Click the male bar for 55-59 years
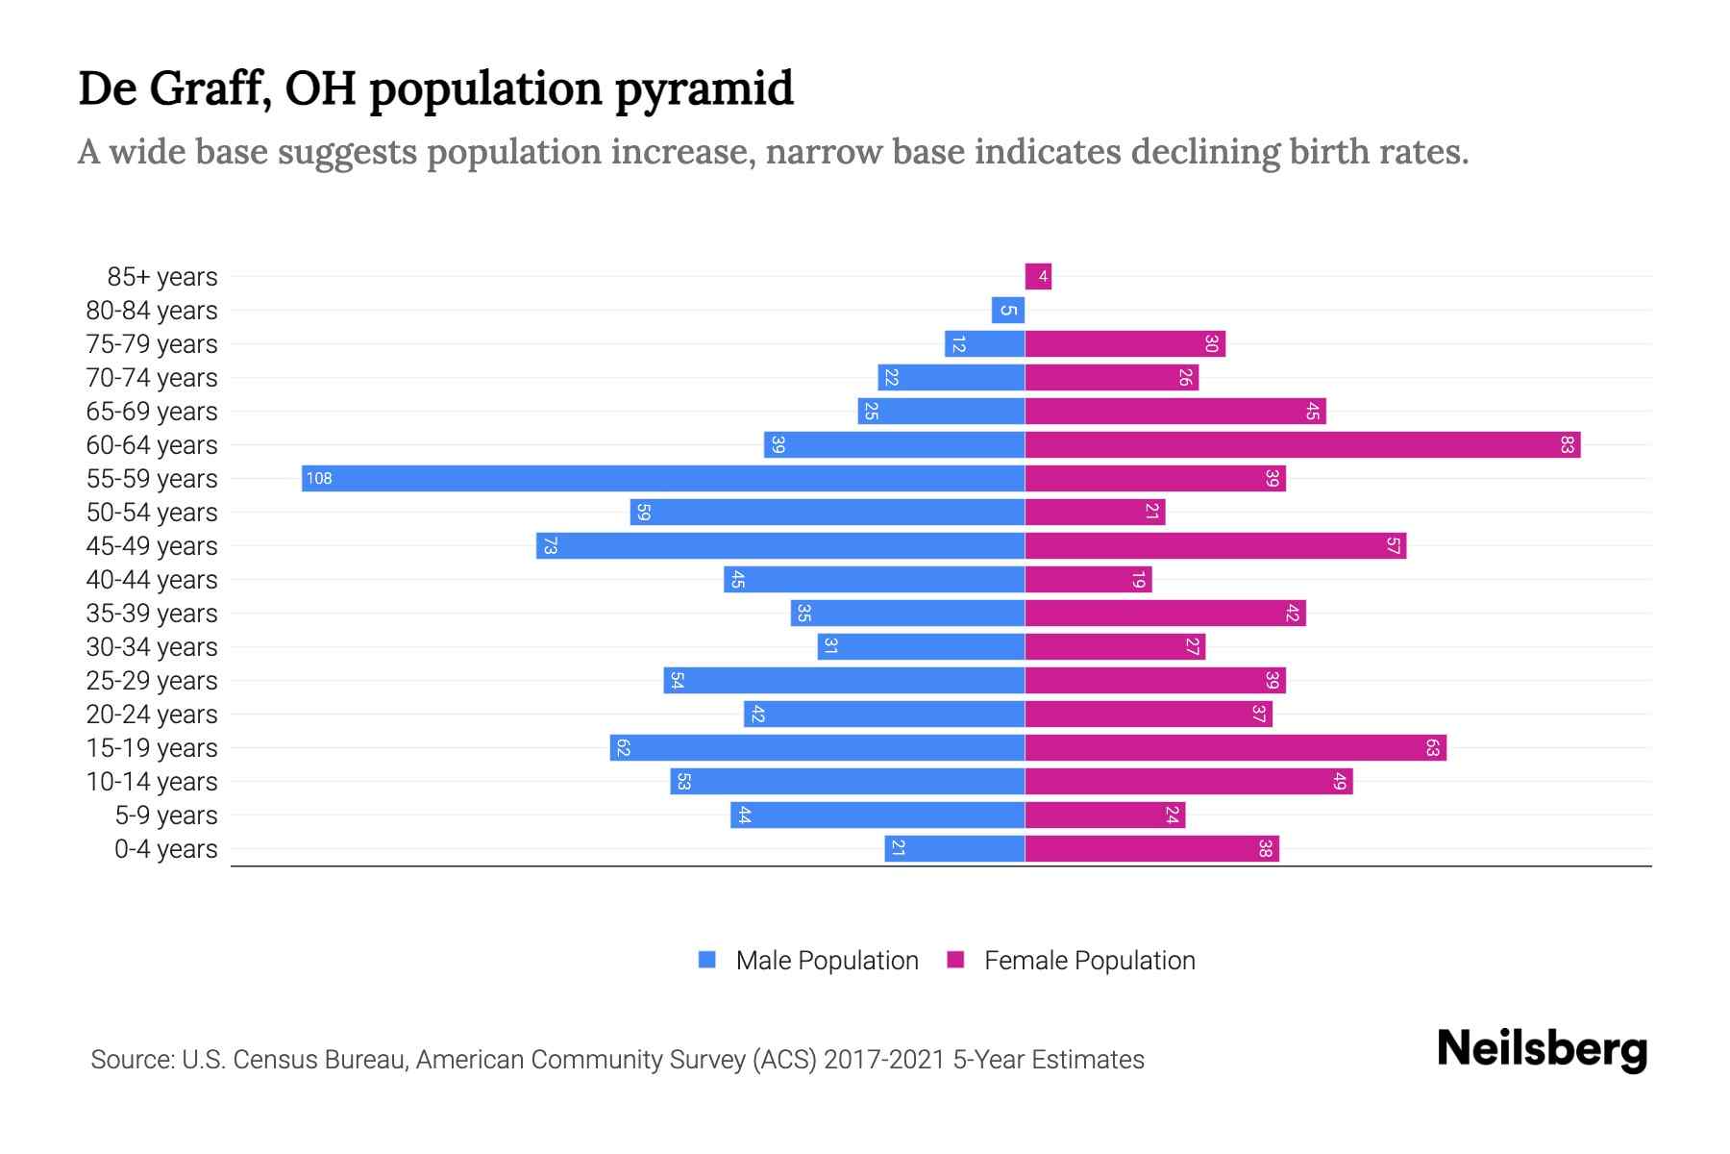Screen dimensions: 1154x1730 [x=663, y=478]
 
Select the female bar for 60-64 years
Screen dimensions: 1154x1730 [x=1302, y=444]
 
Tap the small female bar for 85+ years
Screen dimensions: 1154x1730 [x=1038, y=277]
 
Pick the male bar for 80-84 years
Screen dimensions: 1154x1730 [x=1008, y=311]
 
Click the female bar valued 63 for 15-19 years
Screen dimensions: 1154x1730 [x=1235, y=747]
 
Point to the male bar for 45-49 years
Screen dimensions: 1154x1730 [x=780, y=545]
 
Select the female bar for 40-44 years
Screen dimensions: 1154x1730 [x=1088, y=579]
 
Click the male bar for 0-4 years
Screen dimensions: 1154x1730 [x=954, y=848]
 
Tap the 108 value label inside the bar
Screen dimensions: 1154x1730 [x=319, y=479]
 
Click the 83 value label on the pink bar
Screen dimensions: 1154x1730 [x=1568, y=444]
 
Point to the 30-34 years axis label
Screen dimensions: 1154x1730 [x=152, y=647]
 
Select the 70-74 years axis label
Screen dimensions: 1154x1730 [x=152, y=378]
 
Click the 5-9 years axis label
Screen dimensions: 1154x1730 [x=166, y=815]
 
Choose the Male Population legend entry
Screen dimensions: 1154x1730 [x=827, y=961]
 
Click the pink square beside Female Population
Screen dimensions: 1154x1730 [x=955, y=960]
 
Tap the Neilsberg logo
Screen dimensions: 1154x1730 [x=1542, y=1049]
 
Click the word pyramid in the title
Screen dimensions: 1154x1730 [x=704, y=89]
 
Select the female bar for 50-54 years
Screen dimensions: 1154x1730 [x=1095, y=512]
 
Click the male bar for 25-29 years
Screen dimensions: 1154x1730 [x=844, y=680]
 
